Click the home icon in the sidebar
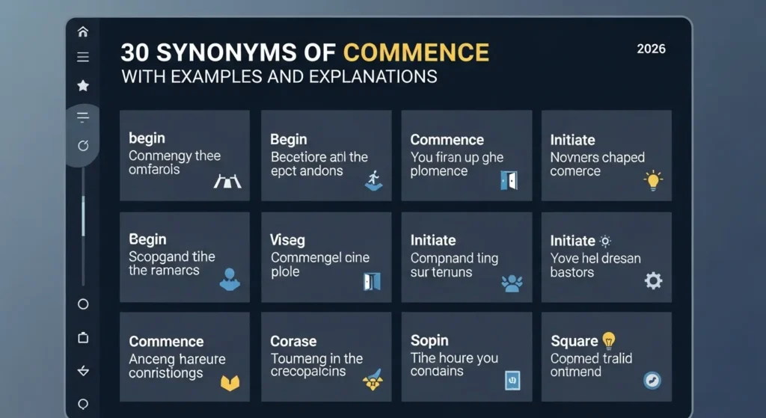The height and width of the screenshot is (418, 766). pyautogui.click(x=83, y=31)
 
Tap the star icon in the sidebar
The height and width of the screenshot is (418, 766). pyautogui.click(x=83, y=86)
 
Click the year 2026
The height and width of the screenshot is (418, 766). pyautogui.click(x=651, y=49)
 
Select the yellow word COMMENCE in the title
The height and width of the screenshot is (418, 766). pyautogui.click(x=416, y=53)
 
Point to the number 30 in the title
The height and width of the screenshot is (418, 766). pyautogui.click(x=136, y=53)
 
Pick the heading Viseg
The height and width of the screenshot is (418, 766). pyautogui.click(x=287, y=240)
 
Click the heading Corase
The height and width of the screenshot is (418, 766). pyautogui.click(x=293, y=341)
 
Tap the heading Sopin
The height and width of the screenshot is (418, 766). pyautogui.click(x=429, y=340)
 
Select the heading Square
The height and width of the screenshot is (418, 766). pyautogui.click(x=574, y=341)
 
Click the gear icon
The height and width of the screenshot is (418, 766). pyautogui.click(x=653, y=280)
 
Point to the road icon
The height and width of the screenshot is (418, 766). pyautogui.click(x=227, y=180)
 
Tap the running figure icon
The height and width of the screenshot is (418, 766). pyautogui.click(x=373, y=180)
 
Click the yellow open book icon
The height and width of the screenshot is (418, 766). pyautogui.click(x=230, y=383)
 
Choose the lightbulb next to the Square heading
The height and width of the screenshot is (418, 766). pyautogui.click(x=609, y=340)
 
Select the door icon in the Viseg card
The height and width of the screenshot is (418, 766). pyautogui.click(x=372, y=281)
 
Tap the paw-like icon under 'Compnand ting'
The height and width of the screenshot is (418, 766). pyautogui.click(x=511, y=283)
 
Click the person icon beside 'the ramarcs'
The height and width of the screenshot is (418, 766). pyautogui.click(x=230, y=280)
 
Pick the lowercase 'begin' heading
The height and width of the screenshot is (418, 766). pyautogui.click(x=147, y=138)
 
